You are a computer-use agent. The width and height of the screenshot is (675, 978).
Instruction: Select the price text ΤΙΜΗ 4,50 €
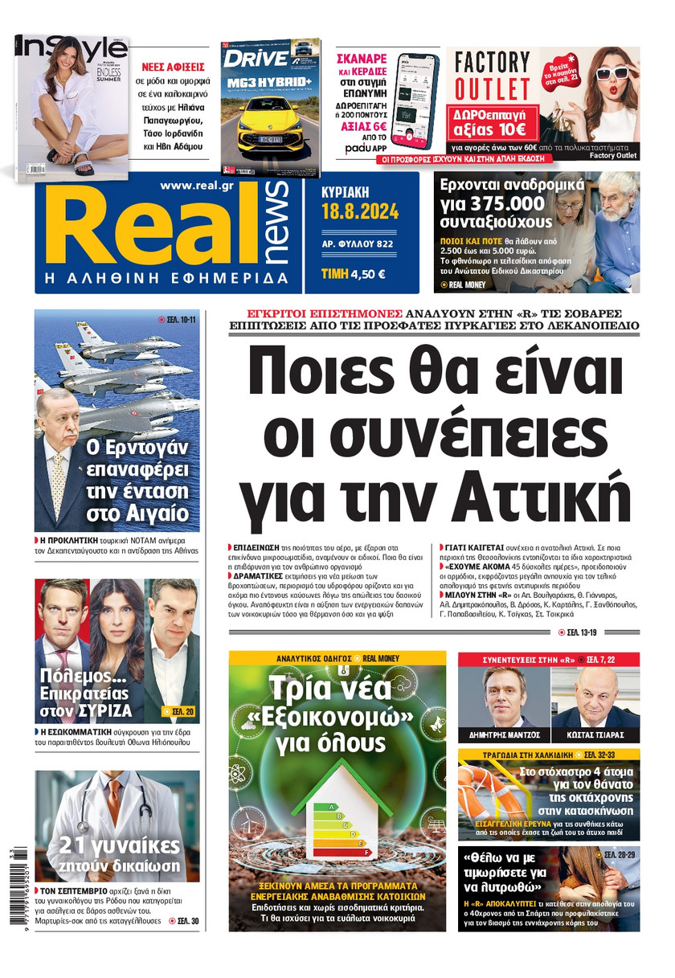(353, 273)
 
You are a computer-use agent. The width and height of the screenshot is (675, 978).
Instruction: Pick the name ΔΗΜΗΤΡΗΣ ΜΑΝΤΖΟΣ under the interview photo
(503, 735)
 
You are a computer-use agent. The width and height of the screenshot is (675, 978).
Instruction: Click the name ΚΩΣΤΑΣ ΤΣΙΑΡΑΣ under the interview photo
(595, 735)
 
